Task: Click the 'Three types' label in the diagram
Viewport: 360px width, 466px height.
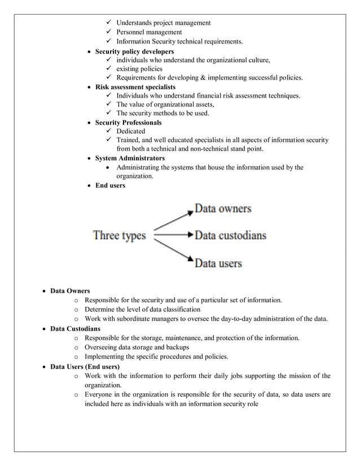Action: [119, 235]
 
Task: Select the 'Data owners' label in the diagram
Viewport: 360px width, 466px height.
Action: [223, 209]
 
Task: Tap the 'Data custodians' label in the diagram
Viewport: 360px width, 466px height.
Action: [230, 235]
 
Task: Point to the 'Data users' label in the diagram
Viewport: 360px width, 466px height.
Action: [218, 263]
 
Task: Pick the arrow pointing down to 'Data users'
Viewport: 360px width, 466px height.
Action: [173, 250]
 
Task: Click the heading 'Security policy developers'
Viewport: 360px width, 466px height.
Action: [134, 52]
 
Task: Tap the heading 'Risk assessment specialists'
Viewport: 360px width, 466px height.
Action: [135, 87]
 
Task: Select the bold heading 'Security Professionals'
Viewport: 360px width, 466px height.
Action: [128, 122]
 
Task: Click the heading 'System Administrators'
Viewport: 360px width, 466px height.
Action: [130, 158]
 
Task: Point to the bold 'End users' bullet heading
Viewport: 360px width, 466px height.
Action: [110, 185]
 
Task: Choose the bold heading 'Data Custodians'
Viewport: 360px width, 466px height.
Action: [76, 328]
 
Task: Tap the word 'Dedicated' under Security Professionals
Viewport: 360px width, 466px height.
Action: [130, 131]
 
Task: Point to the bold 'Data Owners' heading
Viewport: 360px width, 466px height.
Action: [70, 291]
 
